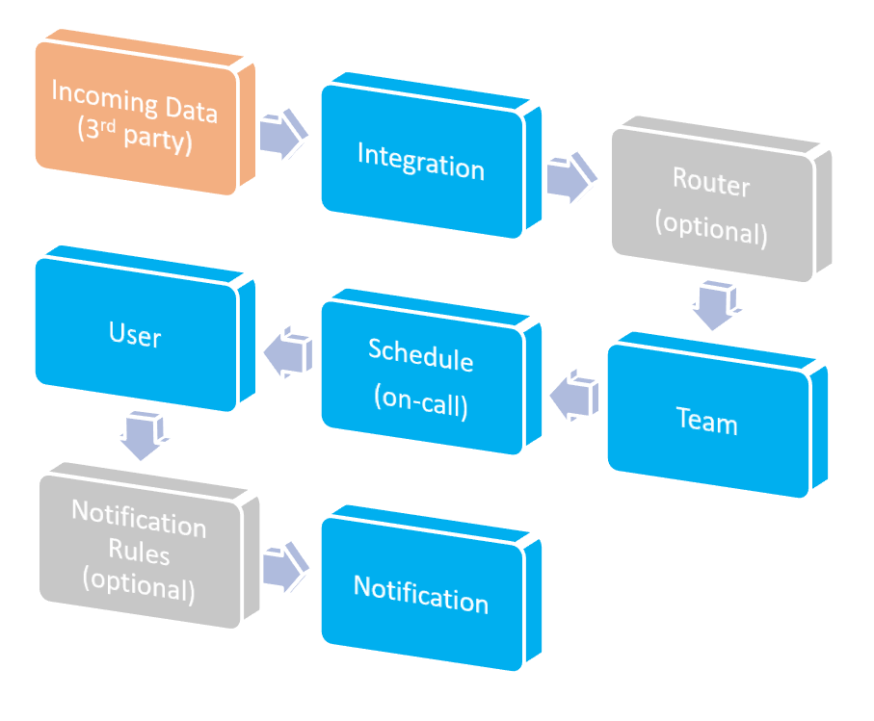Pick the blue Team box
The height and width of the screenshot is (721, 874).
point(708,421)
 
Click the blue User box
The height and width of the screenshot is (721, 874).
point(136,334)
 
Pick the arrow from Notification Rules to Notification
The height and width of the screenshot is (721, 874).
point(285,569)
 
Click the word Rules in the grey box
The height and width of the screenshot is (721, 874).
point(139,554)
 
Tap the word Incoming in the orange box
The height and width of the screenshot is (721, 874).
point(97,98)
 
